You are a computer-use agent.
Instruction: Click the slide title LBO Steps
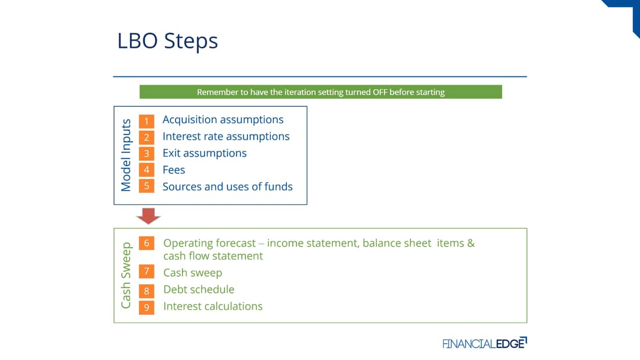tap(167, 41)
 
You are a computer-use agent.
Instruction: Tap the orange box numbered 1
tap(147, 121)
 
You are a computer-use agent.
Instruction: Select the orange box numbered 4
tap(147, 170)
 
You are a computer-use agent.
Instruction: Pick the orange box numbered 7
tap(147, 271)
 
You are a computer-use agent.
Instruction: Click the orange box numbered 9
tap(147, 307)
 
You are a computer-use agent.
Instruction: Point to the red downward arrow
tap(148, 216)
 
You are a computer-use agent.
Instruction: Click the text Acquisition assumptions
tap(223, 119)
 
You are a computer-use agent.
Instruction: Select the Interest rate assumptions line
tap(226, 137)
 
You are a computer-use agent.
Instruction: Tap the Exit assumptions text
tap(205, 154)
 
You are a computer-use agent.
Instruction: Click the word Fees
tap(174, 170)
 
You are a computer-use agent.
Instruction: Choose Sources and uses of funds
tap(227, 187)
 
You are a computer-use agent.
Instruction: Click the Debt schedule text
tap(199, 290)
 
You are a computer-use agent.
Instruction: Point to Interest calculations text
tap(213, 306)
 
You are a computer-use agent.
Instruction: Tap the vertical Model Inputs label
tap(126, 155)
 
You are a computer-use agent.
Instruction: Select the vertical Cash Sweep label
tap(126, 275)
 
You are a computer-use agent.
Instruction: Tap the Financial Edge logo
tap(485, 343)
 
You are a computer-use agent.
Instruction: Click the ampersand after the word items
tap(471, 243)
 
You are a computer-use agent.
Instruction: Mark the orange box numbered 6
tap(147, 243)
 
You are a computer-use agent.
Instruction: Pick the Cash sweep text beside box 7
tap(193, 273)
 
